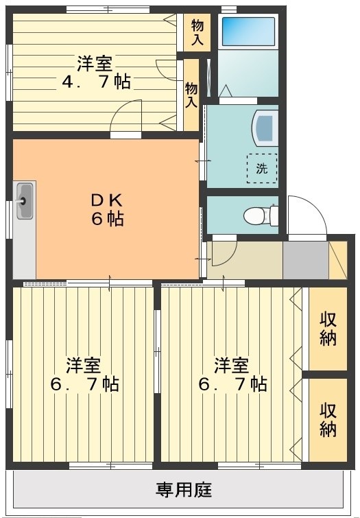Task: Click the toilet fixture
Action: point(261,215)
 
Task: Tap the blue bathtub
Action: point(248,32)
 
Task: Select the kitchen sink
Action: point(25,200)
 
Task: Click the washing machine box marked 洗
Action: point(262,169)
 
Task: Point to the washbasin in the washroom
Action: point(265,128)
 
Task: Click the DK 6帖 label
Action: point(108,209)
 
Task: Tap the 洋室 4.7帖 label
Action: point(96,73)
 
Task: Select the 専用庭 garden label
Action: point(184,490)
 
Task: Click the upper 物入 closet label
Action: point(197,32)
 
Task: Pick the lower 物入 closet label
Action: point(191,95)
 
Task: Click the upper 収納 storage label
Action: point(328,329)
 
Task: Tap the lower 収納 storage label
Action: point(328,420)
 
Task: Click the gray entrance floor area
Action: point(306,259)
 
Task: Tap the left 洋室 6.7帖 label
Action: point(84,374)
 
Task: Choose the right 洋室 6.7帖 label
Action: point(232,374)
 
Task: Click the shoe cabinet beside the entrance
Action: point(337,259)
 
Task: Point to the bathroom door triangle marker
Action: point(225,91)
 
